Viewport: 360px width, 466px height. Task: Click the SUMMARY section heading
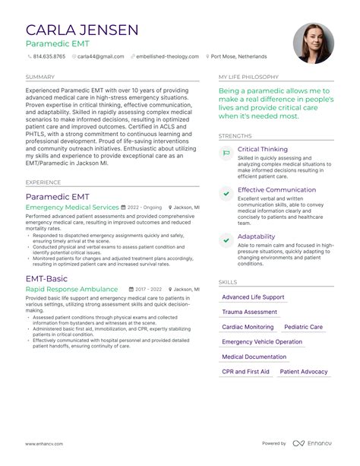point(39,77)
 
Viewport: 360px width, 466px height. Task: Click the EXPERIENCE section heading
point(43,182)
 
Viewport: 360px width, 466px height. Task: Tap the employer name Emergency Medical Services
point(72,207)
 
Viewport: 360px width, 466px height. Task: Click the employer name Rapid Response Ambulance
point(71,290)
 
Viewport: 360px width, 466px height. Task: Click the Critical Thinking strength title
point(263,150)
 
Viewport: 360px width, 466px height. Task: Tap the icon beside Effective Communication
point(226,194)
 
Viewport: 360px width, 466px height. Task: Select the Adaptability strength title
point(257,236)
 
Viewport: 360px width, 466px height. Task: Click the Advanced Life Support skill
point(253,296)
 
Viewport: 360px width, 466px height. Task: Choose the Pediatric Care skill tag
point(303,326)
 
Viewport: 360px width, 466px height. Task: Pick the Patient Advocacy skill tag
point(303,371)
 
